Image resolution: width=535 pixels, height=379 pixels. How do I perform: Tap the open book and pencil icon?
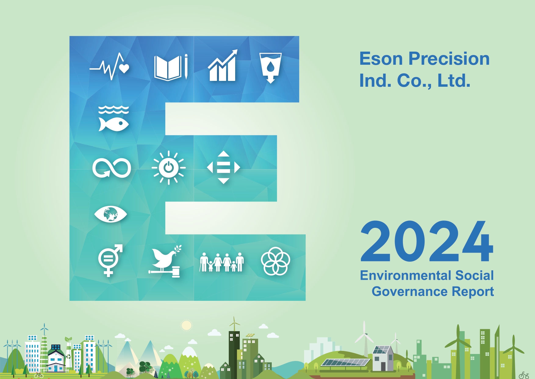click(x=171, y=67)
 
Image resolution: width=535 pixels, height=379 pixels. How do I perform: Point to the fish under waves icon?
click(x=113, y=118)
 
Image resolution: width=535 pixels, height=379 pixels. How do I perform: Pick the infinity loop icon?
click(x=112, y=168)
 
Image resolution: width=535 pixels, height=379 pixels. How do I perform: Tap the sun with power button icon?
click(x=169, y=168)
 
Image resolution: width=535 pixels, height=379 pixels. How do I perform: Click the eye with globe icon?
click(x=110, y=214)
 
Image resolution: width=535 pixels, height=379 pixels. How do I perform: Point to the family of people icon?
click(x=222, y=262)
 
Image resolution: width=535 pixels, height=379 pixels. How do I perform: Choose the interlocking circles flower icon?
click(x=275, y=261)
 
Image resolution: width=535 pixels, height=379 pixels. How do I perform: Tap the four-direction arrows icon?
click(x=224, y=167)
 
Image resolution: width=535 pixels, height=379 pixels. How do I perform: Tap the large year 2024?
click(x=427, y=241)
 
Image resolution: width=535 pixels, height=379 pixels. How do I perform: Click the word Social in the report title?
click(x=474, y=275)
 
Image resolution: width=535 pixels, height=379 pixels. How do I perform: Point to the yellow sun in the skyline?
click(x=186, y=326)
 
